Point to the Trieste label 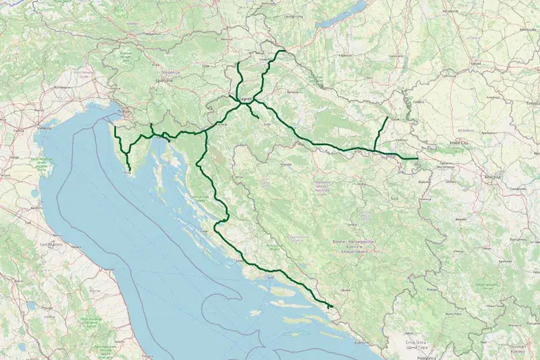click(x=122, y=112)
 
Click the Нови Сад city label click(x=460, y=144)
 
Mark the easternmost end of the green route click(x=418, y=159)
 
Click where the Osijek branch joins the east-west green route click(x=375, y=150)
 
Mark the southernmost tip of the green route click(x=331, y=309)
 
